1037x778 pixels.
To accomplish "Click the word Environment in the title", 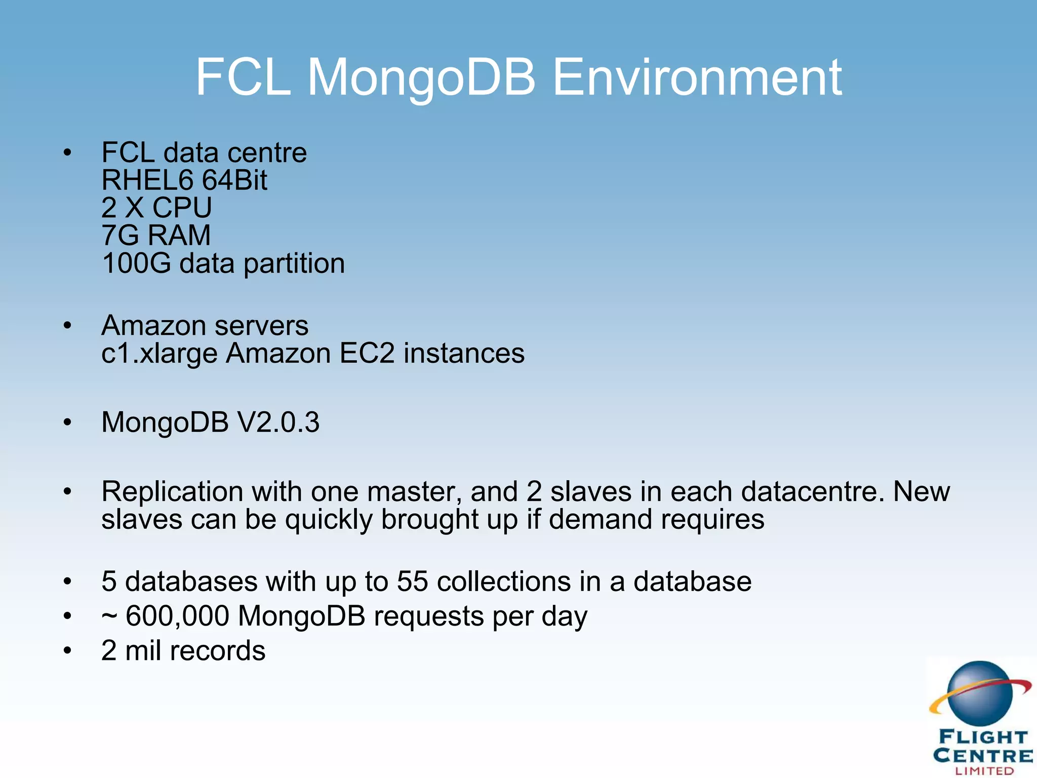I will [x=697, y=77].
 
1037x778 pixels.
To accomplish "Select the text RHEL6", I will [x=147, y=180].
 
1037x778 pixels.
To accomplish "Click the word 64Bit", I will [x=234, y=180].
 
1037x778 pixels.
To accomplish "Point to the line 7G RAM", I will [x=156, y=235].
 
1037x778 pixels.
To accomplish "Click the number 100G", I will [x=136, y=263].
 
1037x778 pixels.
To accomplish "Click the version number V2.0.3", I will [x=278, y=422].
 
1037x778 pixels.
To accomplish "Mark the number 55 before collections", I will [x=412, y=581].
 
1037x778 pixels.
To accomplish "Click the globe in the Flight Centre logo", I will [x=979, y=693].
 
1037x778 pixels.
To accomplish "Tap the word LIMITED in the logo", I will [x=984, y=771].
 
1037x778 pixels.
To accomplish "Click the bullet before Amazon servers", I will [x=67, y=326].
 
